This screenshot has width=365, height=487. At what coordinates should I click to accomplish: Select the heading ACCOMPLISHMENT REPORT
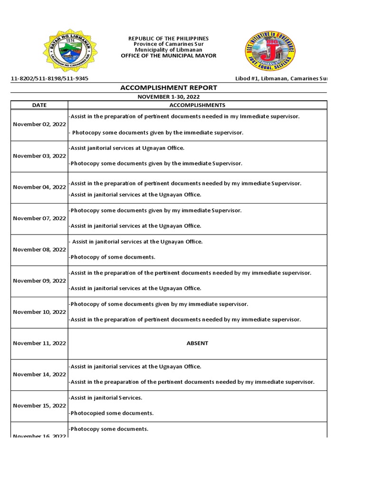pyautogui.click(x=169, y=88)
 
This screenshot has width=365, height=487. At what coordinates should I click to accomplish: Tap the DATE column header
pyautogui.click(x=39, y=105)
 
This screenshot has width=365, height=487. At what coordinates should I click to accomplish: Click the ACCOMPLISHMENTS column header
pyautogui.click(x=197, y=105)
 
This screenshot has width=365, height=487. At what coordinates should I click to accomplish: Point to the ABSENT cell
pyautogui.click(x=197, y=343)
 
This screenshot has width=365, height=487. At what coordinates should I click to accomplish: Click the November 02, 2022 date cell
pyautogui.click(x=39, y=125)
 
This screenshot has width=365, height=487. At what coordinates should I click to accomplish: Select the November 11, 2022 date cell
pyautogui.click(x=39, y=343)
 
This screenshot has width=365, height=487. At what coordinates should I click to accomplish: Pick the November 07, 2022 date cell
pyautogui.click(x=39, y=218)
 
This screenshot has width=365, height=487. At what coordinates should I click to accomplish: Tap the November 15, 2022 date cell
pyautogui.click(x=39, y=406)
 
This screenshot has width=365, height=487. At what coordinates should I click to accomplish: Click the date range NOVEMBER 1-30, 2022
pyautogui.click(x=169, y=97)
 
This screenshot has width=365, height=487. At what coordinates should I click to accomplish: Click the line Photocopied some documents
pyautogui.click(x=111, y=413)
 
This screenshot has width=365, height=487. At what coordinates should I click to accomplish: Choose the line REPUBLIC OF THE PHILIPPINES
pyautogui.click(x=169, y=39)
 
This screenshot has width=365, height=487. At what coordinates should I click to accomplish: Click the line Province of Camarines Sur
pyautogui.click(x=169, y=44)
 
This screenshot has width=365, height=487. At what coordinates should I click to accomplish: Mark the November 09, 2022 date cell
pyautogui.click(x=39, y=281)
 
